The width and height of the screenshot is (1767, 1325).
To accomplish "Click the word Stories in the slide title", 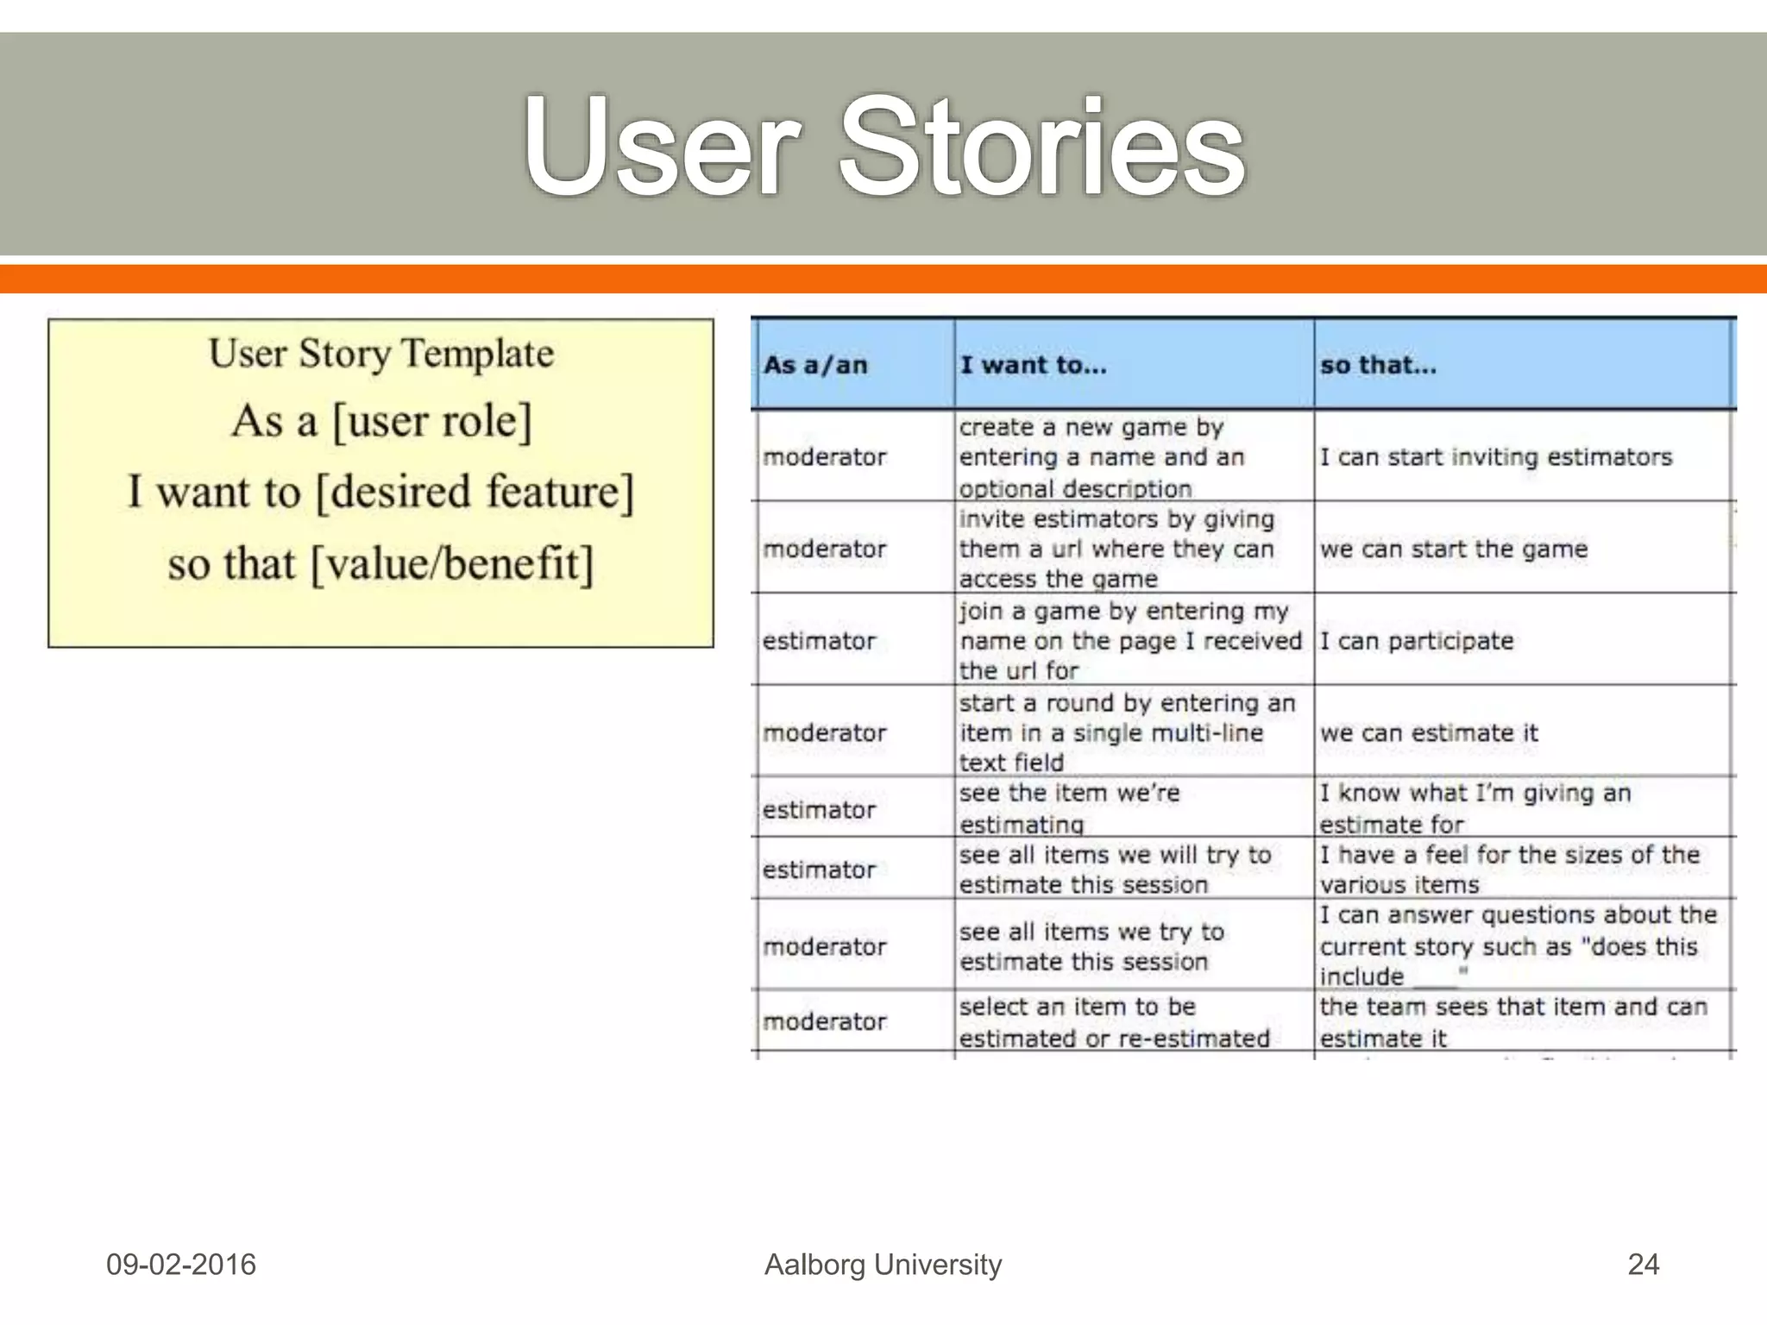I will click(1042, 147).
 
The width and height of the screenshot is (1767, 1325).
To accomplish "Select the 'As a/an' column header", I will click(814, 365).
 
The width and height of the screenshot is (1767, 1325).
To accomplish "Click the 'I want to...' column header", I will click(1033, 365).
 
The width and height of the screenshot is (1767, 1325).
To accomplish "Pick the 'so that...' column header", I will click(1378, 365).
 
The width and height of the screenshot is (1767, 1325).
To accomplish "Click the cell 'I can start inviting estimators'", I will click(1495, 457).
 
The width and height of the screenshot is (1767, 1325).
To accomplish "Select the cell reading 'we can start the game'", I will click(1453, 549).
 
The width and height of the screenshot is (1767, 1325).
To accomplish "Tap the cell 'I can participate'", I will click(1416, 641).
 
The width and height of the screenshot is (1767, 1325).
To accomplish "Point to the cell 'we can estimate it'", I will click(1428, 733).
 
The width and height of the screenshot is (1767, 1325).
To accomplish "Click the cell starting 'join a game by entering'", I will click(1129, 640).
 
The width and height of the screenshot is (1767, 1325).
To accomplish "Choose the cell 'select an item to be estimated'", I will click(1113, 1022).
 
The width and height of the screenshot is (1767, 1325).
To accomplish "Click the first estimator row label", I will click(818, 641).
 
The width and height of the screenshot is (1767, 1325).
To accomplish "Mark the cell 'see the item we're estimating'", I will click(1070, 808).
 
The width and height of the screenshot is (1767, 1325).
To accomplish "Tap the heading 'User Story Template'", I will click(380, 354).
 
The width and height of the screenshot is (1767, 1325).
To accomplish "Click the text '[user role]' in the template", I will click(431, 422).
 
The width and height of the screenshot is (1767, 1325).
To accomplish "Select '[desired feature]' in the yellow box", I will click(475, 493).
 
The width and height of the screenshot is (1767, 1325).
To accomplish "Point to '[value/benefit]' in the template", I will click(451, 564).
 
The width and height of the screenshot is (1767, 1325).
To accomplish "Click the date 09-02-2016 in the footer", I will click(180, 1265).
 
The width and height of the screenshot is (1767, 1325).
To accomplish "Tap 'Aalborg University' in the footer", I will click(883, 1265).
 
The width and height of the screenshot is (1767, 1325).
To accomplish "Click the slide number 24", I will click(1643, 1265).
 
